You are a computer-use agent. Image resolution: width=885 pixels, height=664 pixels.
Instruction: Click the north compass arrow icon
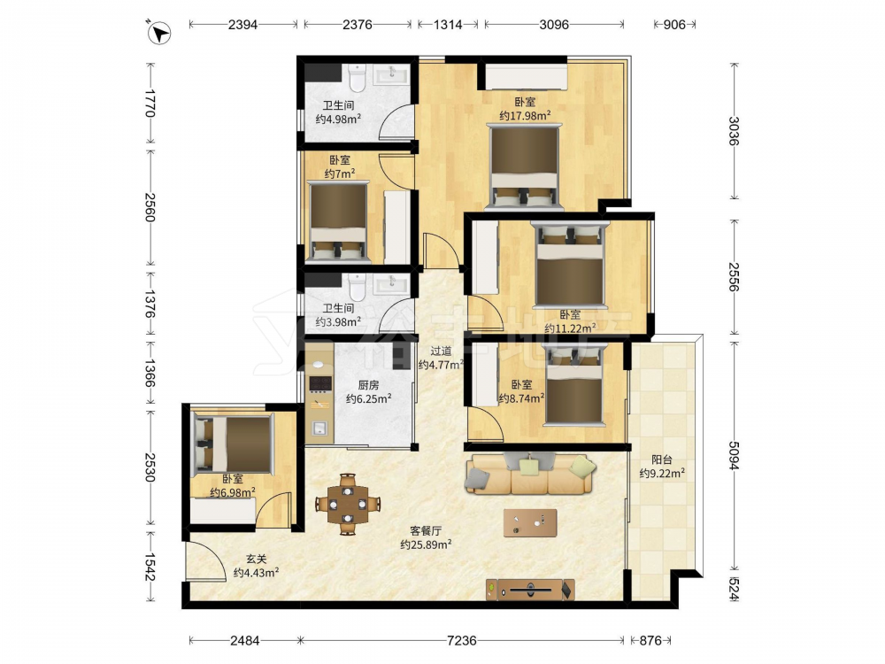click(159, 32)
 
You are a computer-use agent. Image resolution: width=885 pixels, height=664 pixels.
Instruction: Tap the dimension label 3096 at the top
click(554, 24)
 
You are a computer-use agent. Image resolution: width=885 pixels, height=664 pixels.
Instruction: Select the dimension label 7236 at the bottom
click(461, 640)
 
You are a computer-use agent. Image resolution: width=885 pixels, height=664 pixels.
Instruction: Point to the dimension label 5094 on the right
click(733, 455)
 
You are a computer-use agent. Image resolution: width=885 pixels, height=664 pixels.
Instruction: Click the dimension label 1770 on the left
click(150, 103)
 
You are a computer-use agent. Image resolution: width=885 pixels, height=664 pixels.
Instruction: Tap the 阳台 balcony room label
click(661, 460)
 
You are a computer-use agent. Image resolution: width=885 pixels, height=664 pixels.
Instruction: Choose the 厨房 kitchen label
click(368, 385)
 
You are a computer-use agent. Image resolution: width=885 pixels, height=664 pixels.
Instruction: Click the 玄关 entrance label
click(256, 559)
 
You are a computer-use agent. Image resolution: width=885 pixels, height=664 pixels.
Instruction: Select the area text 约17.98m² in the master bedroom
click(525, 116)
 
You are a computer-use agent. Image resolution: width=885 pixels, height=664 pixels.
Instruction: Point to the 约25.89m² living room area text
click(426, 544)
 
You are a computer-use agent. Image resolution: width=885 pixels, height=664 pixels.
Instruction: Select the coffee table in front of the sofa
click(530, 523)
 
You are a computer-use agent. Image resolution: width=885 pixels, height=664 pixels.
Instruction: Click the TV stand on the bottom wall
click(530, 590)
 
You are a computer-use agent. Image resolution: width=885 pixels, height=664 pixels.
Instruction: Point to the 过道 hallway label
click(441, 351)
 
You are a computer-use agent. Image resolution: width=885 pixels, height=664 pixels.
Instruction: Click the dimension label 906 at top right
click(673, 24)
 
